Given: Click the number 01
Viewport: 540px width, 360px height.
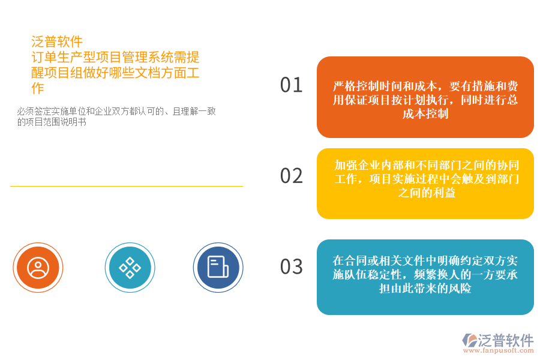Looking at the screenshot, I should point(292,85).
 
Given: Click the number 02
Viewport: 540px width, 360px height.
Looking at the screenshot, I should point(292,176).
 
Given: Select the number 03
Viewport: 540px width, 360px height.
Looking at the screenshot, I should point(292,266).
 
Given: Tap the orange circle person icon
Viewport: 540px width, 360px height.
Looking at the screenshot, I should point(38,267).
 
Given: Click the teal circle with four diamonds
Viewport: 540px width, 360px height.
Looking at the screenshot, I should point(130,267).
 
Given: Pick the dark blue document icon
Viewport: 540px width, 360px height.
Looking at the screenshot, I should point(217,267).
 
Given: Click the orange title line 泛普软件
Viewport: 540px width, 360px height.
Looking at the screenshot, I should point(57,41).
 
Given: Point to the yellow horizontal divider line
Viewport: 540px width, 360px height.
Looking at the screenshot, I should point(126,186).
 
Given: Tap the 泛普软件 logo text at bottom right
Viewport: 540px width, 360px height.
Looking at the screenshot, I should point(505,340).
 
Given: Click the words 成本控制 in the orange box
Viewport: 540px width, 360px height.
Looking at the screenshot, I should point(425,114).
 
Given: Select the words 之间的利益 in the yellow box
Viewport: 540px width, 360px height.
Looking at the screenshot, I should point(425,193).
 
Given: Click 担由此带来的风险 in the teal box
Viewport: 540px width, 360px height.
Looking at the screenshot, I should point(425,289).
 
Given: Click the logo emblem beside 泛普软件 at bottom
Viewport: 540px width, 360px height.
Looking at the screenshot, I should point(469,341).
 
